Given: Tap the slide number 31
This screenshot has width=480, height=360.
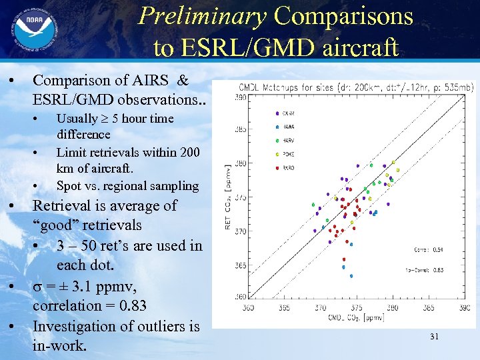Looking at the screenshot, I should [434, 337].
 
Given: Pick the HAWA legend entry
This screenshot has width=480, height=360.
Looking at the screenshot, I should [289, 126].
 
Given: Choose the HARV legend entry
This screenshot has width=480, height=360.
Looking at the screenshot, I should [289, 140].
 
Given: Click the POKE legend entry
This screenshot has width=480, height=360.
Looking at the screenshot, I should [289, 154].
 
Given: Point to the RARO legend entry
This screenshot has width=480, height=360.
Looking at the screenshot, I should [289, 168].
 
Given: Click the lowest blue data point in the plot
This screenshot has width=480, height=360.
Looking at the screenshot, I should [351, 276].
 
